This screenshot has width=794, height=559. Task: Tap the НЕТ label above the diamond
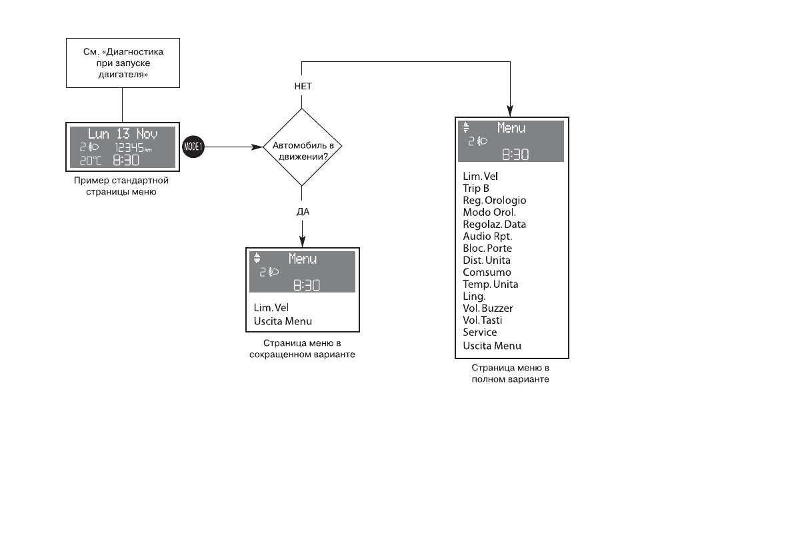coord(303,87)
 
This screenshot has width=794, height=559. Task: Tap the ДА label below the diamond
coord(303,211)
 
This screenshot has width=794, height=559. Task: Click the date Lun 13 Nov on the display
coord(123,133)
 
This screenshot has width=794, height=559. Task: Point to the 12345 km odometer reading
coord(133,147)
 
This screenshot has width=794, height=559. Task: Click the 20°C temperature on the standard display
coord(89,161)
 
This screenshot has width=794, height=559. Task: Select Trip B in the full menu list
coord(476,189)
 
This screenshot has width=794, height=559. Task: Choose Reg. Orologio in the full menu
coord(494,201)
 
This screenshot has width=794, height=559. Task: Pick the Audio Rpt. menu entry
coord(487,237)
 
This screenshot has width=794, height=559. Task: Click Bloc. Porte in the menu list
coord(487,249)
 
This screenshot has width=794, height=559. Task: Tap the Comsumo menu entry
coord(487,273)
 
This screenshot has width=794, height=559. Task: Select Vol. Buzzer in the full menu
coord(487,308)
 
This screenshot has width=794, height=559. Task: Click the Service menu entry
coord(479,332)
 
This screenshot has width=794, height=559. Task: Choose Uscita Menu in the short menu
coord(283,321)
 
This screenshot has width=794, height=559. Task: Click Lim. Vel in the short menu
coord(271,308)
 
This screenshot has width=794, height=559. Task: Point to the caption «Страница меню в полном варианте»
coord(510,373)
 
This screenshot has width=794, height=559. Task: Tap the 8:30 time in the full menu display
coord(515,155)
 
